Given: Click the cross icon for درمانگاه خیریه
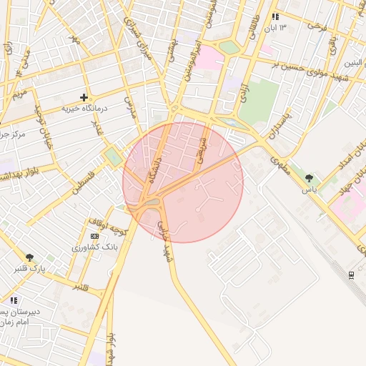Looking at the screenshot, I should coord(84,97).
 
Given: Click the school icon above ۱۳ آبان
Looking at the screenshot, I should coord(275,16).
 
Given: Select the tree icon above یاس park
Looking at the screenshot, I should coord(309,178).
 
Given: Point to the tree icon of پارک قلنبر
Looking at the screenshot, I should coord(29,257).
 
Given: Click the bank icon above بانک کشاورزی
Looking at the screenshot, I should coord(94,236).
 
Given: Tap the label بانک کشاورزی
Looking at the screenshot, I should coord(94,247).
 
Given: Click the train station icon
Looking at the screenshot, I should coord(351,274).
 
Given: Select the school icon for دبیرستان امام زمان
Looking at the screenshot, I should coord(14,300).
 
